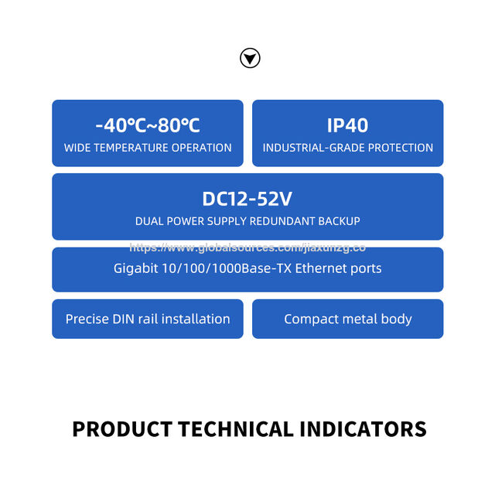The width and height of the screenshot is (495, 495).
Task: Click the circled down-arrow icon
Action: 250,58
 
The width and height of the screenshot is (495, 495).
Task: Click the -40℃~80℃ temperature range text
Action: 148,125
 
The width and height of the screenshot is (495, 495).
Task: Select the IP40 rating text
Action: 347,125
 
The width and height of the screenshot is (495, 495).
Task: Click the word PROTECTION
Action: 401,148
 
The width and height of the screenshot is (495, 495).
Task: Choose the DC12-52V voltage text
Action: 247,199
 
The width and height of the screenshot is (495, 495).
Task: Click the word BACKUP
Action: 339,221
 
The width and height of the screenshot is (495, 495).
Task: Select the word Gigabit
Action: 135,268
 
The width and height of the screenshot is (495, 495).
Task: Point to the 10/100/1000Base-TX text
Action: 227,268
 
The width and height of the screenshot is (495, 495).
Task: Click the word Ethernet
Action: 321,268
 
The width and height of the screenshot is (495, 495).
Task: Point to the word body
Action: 396,319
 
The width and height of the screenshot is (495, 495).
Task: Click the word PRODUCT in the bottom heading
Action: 122,429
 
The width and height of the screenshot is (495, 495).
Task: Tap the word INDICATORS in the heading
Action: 363,429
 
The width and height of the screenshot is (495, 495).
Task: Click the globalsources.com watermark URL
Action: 247,247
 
